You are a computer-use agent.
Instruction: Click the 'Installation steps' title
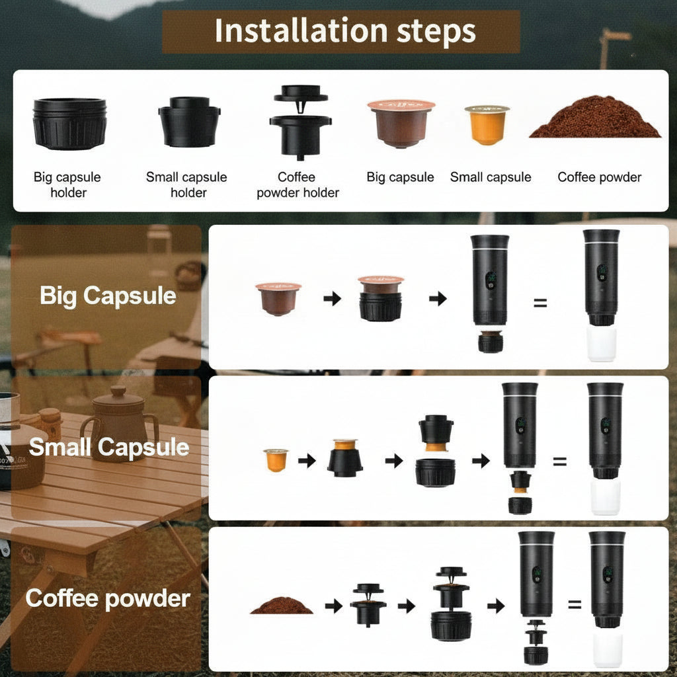344,31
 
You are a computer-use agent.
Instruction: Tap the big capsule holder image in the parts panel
69,124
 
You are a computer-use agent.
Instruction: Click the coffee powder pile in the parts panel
595,118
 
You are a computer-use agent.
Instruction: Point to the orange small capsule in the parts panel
487,124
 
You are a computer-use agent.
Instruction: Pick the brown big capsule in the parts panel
401,123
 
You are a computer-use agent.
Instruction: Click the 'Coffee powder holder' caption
298,185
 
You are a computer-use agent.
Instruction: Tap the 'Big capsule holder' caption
69,185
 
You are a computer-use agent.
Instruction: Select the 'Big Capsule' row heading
108,296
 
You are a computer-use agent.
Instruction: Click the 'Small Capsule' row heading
108,448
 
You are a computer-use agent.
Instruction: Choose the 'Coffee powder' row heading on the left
108,598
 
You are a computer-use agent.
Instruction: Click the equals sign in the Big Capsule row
540,303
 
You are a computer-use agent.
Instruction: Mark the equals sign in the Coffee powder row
575,604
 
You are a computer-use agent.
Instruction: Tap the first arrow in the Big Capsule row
332,299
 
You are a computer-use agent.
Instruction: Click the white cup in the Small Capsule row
605,497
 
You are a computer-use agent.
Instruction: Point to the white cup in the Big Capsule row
602,343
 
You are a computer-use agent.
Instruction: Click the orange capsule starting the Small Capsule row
276,459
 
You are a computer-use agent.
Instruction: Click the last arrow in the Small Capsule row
481,461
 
